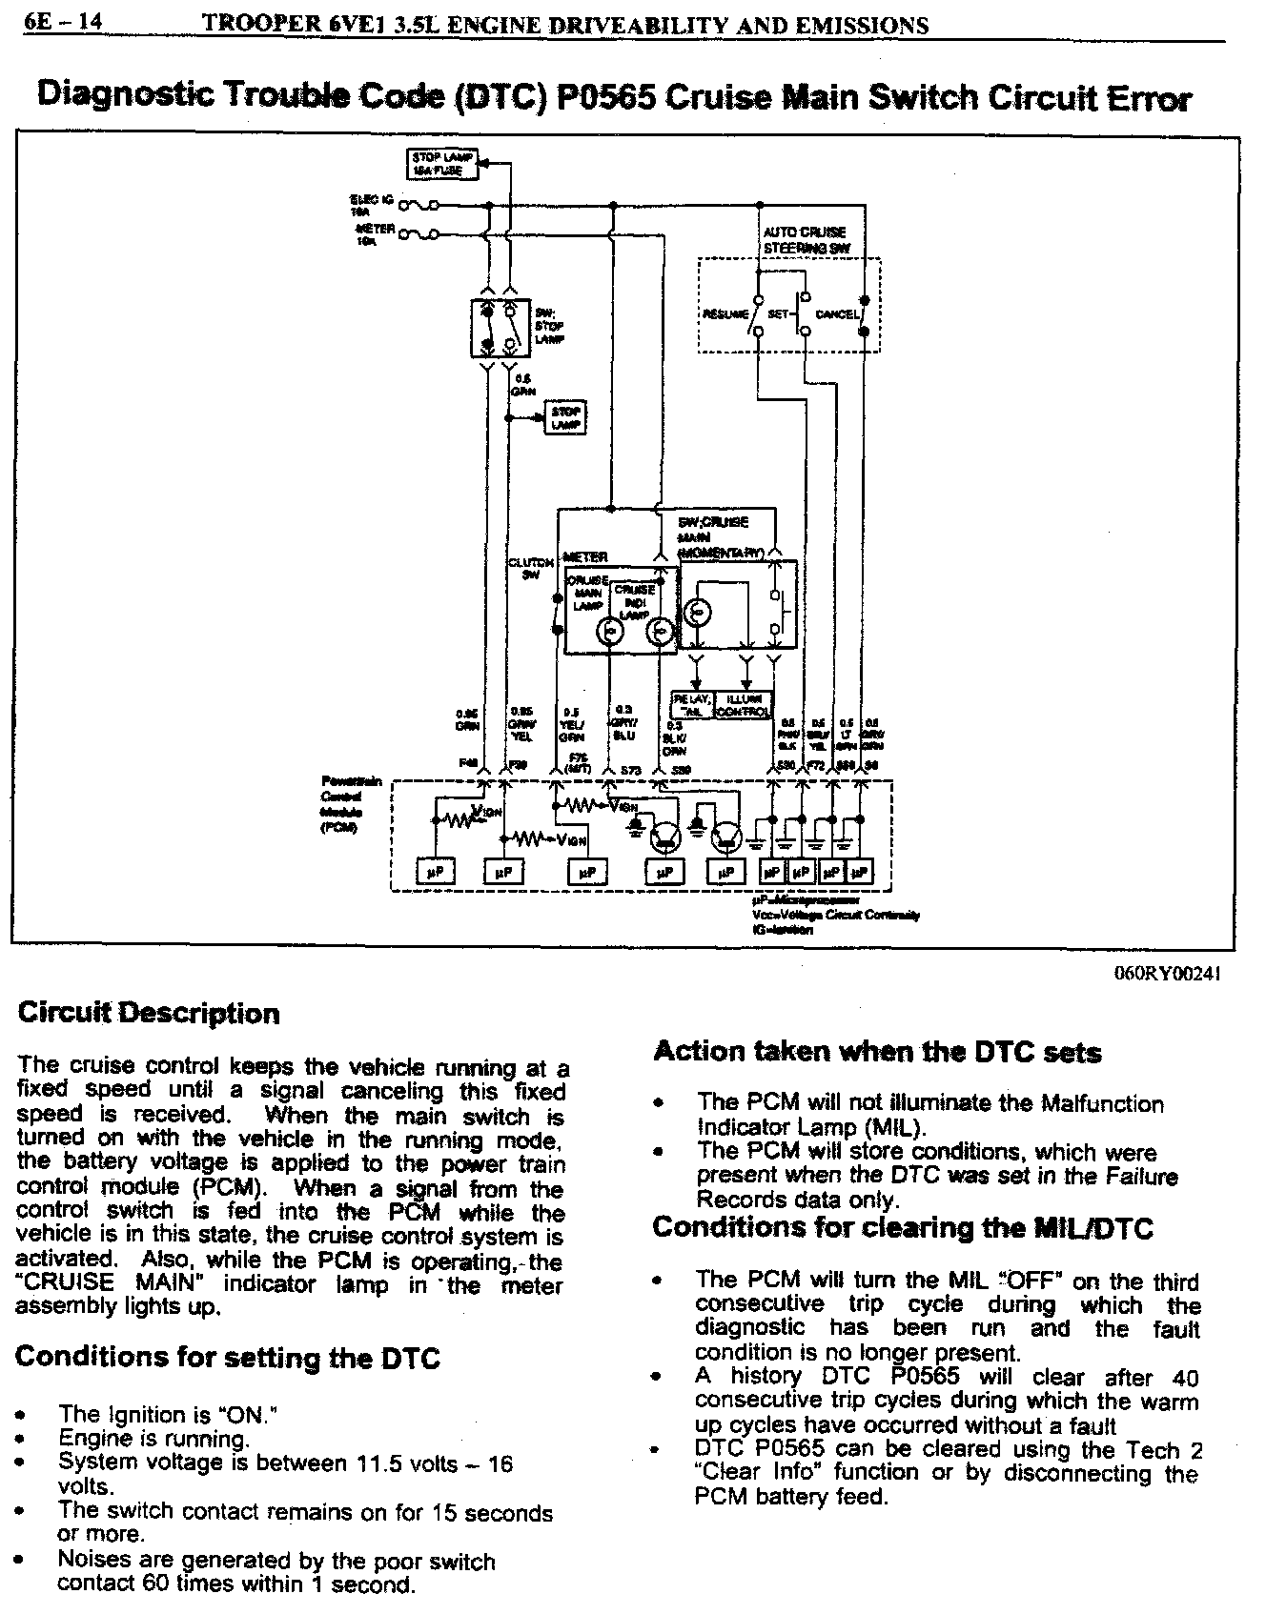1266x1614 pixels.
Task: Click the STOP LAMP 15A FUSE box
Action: pyautogui.click(x=436, y=164)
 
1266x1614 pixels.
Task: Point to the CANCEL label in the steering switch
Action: pyautogui.click(x=839, y=313)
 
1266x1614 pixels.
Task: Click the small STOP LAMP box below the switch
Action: pyautogui.click(x=566, y=418)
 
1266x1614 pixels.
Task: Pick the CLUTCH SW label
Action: pyautogui.click(x=531, y=568)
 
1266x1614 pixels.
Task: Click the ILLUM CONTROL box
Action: pyautogui.click(x=743, y=705)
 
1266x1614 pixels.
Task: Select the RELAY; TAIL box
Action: pyautogui.click(x=693, y=705)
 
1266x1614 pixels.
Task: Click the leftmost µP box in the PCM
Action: pyautogui.click(x=436, y=871)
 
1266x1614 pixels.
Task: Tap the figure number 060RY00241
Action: pyautogui.click(x=1166, y=973)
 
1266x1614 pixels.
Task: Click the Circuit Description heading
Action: pyautogui.click(x=149, y=1013)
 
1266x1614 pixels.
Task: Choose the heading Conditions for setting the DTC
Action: pyautogui.click(x=228, y=1357)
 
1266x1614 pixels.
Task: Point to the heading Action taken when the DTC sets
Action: pyautogui.click(x=877, y=1052)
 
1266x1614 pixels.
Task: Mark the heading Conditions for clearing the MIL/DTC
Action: pyautogui.click(x=902, y=1228)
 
